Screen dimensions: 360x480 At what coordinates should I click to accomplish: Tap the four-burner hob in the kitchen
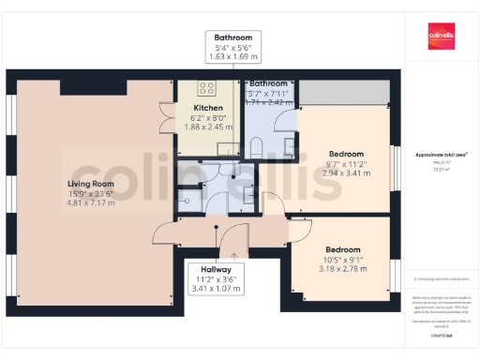point(207,89)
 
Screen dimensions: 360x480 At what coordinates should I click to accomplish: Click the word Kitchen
point(207,108)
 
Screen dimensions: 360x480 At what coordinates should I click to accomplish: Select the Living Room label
point(90,184)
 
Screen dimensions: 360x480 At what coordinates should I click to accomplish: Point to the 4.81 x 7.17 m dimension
point(90,203)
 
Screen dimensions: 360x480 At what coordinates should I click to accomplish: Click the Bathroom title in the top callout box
point(232,37)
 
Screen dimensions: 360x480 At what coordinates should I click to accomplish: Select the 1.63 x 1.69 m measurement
point(232,57)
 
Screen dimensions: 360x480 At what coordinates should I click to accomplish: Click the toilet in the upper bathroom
point(256,146)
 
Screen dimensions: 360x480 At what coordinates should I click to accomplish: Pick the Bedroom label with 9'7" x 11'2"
point(346,154)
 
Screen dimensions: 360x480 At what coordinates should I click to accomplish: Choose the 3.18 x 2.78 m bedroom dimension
point(342,269)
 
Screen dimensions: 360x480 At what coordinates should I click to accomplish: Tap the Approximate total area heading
point(441,154)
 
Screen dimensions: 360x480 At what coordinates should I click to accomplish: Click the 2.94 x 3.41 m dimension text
point(346,173)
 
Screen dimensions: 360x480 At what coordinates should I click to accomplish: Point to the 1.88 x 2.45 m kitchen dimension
point(207,127)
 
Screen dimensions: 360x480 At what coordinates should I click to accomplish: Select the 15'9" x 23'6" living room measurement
point(90,194)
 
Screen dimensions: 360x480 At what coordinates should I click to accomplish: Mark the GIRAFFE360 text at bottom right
point(441,335)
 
